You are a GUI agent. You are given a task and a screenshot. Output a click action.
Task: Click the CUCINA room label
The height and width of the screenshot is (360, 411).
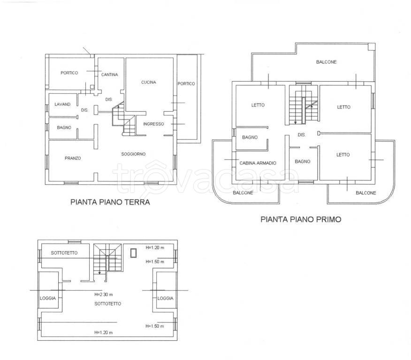coord(149,82)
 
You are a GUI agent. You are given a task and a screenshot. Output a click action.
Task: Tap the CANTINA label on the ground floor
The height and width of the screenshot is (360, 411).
coord(110,75)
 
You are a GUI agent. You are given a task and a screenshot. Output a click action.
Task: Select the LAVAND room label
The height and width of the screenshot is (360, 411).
coord(62,104)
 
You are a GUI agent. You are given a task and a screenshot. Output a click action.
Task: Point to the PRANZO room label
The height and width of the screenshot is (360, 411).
coord(73,158)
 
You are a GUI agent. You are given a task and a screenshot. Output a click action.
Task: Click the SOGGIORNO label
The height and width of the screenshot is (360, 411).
coord(133,154)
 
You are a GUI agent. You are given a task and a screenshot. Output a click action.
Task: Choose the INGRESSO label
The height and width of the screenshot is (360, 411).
coord(153,124)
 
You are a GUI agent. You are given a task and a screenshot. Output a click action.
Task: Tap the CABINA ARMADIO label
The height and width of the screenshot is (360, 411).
coord(258,163)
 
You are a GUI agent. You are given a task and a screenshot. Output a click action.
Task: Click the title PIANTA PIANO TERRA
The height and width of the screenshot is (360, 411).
coord(110,202)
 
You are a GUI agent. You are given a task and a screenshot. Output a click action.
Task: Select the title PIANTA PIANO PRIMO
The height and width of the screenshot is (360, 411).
coord(301,219)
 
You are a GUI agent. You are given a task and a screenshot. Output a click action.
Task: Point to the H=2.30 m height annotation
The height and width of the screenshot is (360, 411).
coord(104,294)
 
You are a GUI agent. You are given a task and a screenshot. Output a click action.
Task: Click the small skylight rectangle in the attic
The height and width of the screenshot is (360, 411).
coord(133,253)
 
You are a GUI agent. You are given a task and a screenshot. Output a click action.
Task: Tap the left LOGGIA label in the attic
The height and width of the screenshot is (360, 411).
coord(48,298)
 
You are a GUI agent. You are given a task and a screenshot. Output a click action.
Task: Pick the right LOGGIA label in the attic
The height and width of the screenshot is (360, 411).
coord(165,298)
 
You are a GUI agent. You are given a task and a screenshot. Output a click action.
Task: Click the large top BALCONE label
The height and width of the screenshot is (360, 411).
coord(327,62)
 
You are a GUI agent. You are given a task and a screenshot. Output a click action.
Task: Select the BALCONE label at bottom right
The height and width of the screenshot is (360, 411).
coord(365,193)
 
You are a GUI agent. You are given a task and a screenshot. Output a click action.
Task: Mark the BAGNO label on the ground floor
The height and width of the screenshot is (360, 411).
coord(64,127)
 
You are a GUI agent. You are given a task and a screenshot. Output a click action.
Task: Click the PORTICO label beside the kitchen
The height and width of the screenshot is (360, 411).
coord(186,83)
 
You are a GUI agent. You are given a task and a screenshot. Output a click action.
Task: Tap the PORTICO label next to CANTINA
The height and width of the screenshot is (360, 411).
coord(69,73)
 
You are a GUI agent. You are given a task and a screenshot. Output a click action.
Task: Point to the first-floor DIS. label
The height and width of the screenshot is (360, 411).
coord(301,135)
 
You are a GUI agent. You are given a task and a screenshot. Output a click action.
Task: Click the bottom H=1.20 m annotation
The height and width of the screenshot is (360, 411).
coord(104,332)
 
